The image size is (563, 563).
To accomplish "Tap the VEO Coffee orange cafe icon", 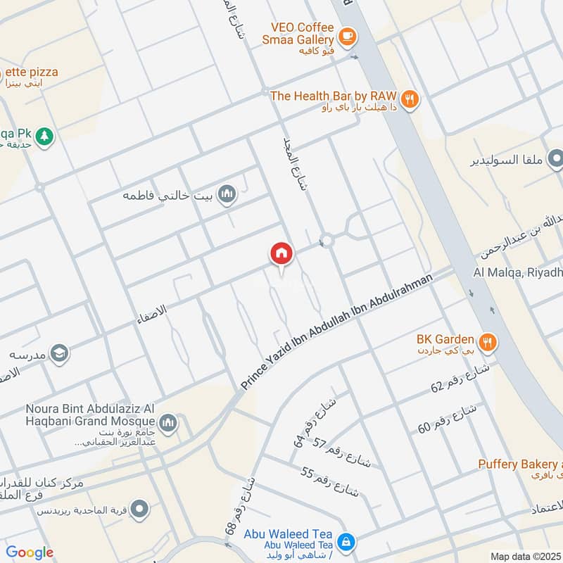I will (x=346, y=35).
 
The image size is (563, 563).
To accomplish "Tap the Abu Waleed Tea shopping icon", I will (x=346, y=542).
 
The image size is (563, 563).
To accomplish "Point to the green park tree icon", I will (x=44, y=136).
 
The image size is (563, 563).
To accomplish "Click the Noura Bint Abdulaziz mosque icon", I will (x=167, y=423).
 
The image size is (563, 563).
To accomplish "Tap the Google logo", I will (x=30, y=552).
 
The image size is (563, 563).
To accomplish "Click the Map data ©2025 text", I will (x=525, y=556).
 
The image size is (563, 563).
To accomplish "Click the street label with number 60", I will (x=448, y=418).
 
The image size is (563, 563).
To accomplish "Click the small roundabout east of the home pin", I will (x=326, y=241).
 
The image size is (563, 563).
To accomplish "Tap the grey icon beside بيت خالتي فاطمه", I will (x=226, y=194).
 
